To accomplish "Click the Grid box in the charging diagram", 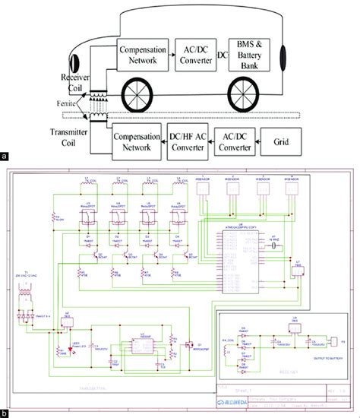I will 281,141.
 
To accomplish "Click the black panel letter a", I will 5,157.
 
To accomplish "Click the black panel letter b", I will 5,413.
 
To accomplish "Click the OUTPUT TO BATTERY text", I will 313,359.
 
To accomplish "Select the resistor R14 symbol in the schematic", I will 55,220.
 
